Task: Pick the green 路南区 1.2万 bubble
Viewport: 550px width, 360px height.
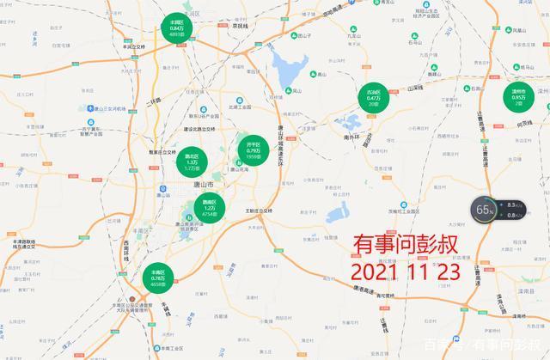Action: click(x=209, y=206)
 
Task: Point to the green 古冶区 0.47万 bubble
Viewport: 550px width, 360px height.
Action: click(x=373, y=100)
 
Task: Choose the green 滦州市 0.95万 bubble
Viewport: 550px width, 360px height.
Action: click(x=518, y=99)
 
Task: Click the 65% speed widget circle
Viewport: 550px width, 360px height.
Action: click(x=486, y=209)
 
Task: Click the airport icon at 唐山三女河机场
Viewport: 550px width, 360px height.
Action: click(x=88, y=108)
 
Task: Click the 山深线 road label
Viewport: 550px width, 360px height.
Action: click(x=415, y=88)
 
